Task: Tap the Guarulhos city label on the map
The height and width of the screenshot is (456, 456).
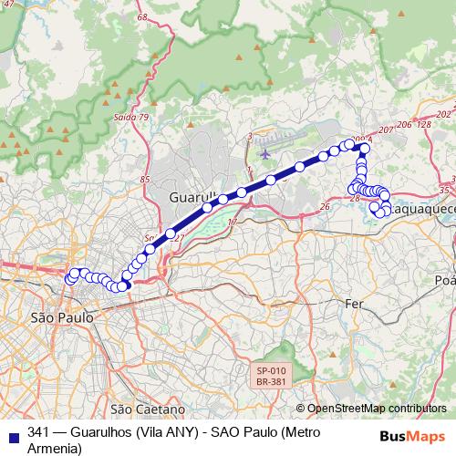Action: (x=192, y=197)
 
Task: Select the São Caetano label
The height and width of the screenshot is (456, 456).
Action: (x=147, y=409)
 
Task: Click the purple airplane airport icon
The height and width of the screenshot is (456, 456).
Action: (x=264, y=152)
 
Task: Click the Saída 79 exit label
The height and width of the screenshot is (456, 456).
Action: (x=131, y=118)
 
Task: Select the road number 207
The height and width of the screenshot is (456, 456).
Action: (x=385, y=131)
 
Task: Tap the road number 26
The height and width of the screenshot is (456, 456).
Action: (x=325, y=207)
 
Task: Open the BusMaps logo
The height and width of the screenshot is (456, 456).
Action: (x=418, y=436)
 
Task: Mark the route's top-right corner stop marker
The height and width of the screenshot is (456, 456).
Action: (x=365, y=148)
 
